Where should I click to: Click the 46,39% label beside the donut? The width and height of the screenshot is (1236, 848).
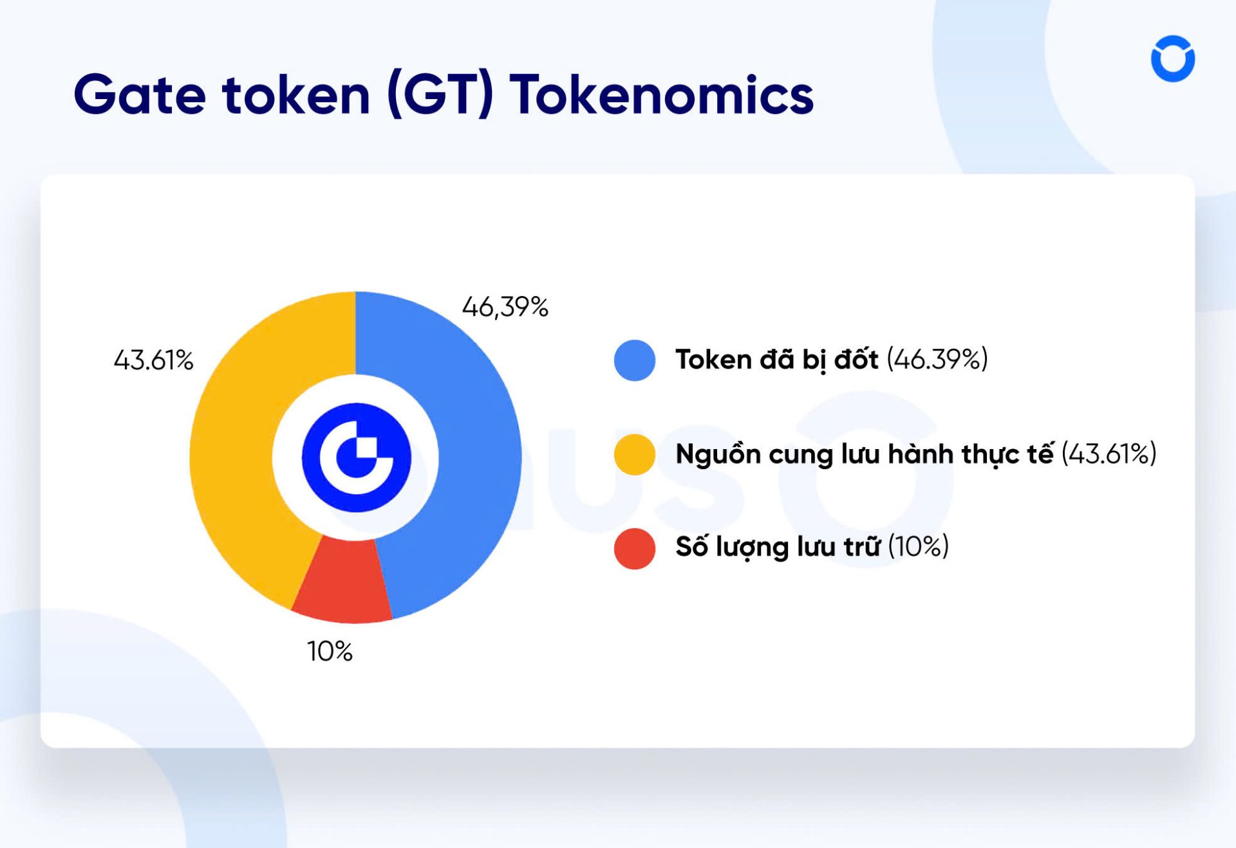(505, 307)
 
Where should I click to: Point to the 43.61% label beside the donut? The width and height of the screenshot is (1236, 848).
(153, 360)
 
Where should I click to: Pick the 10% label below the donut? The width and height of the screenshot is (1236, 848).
(330, 651)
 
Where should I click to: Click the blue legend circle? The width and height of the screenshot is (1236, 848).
(635, 360)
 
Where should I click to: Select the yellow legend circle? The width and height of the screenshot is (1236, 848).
(635, 454)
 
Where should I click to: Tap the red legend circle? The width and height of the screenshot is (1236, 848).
(635, 548)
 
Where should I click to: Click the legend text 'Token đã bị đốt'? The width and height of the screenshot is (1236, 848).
(776, 360)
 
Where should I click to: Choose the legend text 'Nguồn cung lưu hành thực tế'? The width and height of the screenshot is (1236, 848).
(865, 454)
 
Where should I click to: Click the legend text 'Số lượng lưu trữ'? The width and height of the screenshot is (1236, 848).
(778, 547)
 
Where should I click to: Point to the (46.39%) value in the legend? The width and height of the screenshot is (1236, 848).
(937, 360)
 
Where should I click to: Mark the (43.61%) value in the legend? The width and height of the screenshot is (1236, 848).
(1109, 454)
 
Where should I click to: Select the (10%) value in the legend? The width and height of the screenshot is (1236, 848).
(918, 547)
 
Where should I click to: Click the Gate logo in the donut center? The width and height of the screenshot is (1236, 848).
(356, 457)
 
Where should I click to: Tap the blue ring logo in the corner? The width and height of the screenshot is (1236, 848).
(1172, 59)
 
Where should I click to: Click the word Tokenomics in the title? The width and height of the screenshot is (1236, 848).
(662, 95)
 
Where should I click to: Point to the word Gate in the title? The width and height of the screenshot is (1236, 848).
(140, 95)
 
